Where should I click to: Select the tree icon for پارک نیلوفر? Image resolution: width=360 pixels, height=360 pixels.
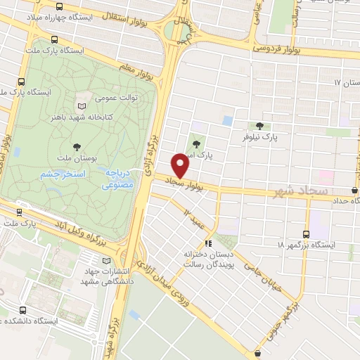260,126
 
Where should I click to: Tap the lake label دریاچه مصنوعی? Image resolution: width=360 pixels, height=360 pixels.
114,179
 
